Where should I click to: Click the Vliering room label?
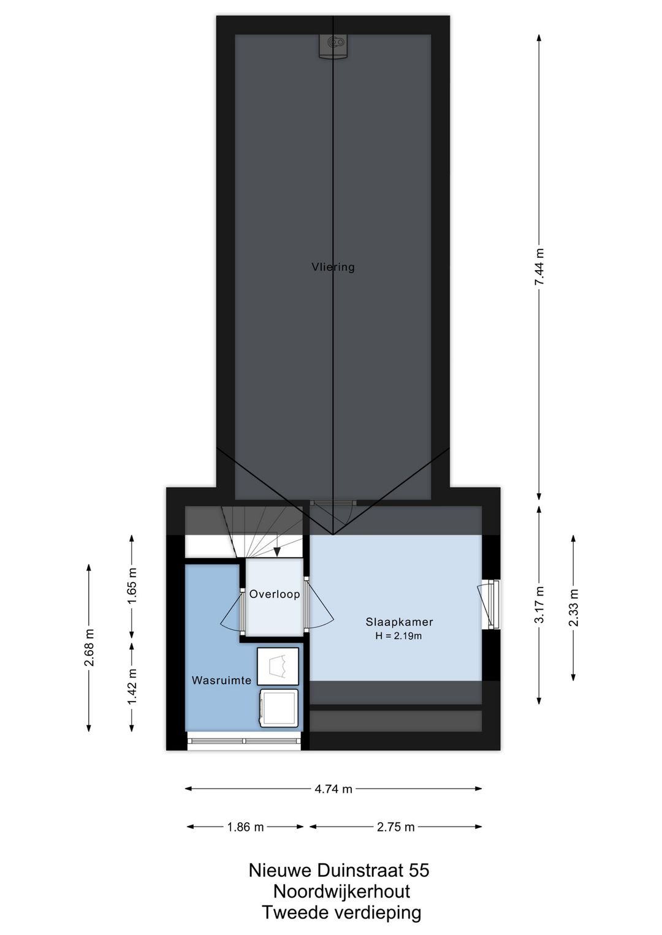pos(333,267)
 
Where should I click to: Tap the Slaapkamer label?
pos(399,622)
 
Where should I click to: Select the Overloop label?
pos(275,594)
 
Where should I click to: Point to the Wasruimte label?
pos(221,680)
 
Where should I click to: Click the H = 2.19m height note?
pos(399,636)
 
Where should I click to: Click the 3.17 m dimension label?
pos(539,605)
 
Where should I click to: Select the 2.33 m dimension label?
pos(574,607)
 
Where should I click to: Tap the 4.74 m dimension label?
pos(333,789)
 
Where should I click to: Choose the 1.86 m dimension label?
pos(245,827)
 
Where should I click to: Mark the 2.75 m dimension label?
pos(395,827)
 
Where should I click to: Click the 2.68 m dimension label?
pos(89,647)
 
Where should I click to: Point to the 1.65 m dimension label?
pos(132,586)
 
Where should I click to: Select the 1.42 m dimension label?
pos(132,686)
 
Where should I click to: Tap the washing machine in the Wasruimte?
pos(279,708)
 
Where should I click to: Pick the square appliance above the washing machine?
pos(278,666)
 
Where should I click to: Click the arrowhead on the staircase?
pos(276,552)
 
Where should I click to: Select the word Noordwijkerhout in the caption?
pos(341,891)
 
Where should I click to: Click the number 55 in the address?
pos(419,870)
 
